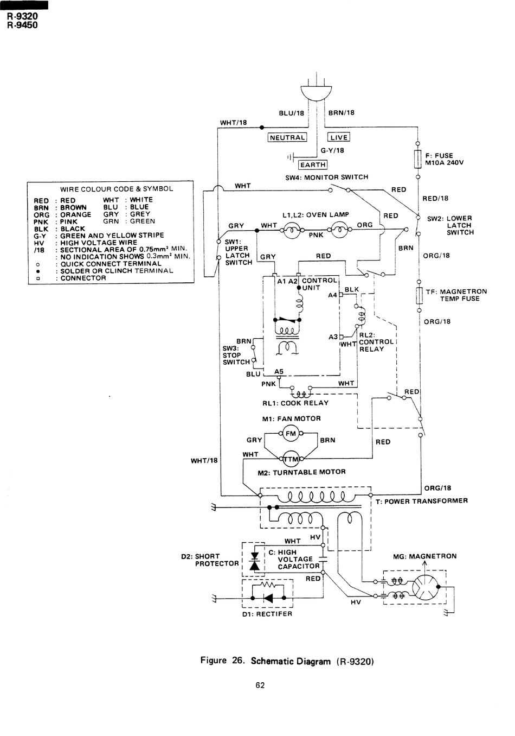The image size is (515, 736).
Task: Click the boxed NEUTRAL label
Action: click(x=287, y=137)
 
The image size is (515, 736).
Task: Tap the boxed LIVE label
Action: click(x=339, y=137)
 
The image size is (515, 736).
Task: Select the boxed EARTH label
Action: click(x=313, y=164)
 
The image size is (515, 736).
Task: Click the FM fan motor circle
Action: click(x=291, y=433)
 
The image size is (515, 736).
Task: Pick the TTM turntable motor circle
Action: click(x=291, y=459)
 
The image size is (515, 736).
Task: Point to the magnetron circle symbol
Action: click(x=425, y=587)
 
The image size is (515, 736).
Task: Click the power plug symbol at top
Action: click(x=316, y=92)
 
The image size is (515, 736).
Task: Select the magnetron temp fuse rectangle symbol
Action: click(x=419, y=295)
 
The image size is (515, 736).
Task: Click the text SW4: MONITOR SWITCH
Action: click(x=326, y=177)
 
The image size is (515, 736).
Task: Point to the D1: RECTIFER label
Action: click(x=267, y=614)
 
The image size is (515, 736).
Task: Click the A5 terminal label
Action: click(x=279, y=371)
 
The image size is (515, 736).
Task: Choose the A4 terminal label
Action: click(x=332, y=295)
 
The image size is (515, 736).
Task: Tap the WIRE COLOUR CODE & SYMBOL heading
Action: click(x=117, y=189)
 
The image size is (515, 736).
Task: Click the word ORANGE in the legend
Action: click(x=76, y=214)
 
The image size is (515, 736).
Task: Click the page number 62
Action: click(x=260, y=685)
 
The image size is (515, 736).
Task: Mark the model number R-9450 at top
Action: click(x=22, y=25)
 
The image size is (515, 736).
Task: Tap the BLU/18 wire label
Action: click(x=292, y=113)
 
